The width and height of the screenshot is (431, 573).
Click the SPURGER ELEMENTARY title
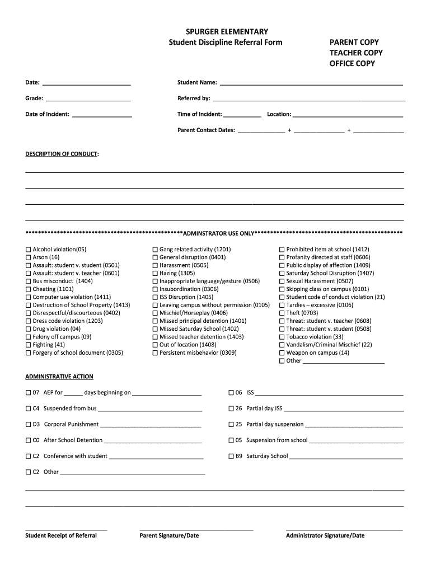(227, 32)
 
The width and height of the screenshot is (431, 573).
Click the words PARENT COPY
(354, 43)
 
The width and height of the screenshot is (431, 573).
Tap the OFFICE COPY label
(352, 63)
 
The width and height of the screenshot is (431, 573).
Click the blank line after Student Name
(311, 83)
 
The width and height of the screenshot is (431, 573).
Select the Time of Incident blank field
(242, 115)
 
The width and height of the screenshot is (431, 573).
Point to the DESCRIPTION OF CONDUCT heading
(61, 153)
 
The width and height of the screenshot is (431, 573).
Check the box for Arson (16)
(28, 257)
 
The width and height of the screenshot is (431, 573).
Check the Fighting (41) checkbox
(28, 345)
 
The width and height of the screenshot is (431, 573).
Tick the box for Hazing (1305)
(155, 274)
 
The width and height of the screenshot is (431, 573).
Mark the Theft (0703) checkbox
(282, 313)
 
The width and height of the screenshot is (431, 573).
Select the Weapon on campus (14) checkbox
(282, 353)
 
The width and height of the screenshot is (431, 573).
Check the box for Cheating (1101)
(28, 289)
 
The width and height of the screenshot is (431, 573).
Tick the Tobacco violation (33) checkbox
(282, 337)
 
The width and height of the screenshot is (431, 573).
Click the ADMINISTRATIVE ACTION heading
(59, 377)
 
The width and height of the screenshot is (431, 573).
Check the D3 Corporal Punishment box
(28, 425)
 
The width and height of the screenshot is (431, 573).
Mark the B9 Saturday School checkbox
(231, 457)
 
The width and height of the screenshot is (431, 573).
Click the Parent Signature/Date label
(169, 536)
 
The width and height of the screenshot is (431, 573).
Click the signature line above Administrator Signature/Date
(344, 529)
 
